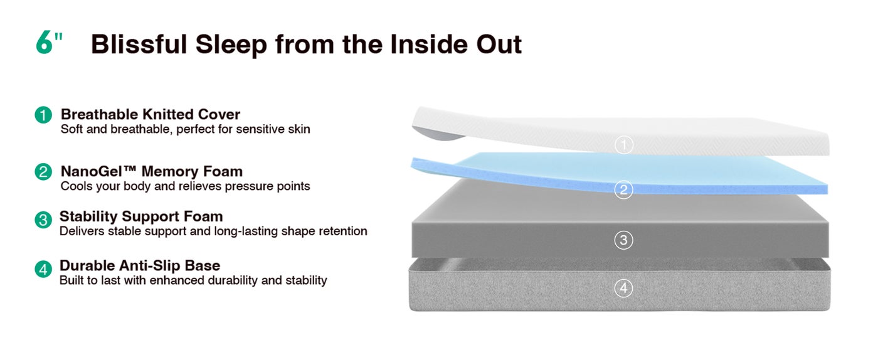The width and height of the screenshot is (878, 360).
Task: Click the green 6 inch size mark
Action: click(49, 43)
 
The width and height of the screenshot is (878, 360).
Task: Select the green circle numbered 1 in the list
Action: click(43, 115)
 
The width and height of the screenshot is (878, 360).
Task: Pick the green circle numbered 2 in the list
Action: click(43, 172)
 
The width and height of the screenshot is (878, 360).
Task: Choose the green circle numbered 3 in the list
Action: click(43, 220)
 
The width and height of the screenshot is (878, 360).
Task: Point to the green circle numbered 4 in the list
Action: click(43, 269)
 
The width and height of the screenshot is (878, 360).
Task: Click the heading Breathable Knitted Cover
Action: click(151, 114)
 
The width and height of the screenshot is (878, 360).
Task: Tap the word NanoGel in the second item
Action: click(94, 171)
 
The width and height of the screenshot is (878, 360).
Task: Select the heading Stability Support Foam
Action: click(141, 216)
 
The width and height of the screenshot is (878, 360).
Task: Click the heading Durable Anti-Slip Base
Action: click(140, 265)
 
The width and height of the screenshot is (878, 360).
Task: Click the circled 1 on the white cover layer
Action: click(623, 145)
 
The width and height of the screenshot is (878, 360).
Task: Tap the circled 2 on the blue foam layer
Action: click(623, 189)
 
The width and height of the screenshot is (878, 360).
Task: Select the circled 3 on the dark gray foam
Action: click(623, 240)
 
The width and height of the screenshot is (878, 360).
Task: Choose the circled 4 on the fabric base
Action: click(623, 289)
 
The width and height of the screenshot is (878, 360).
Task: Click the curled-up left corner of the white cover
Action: click(437, 134)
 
